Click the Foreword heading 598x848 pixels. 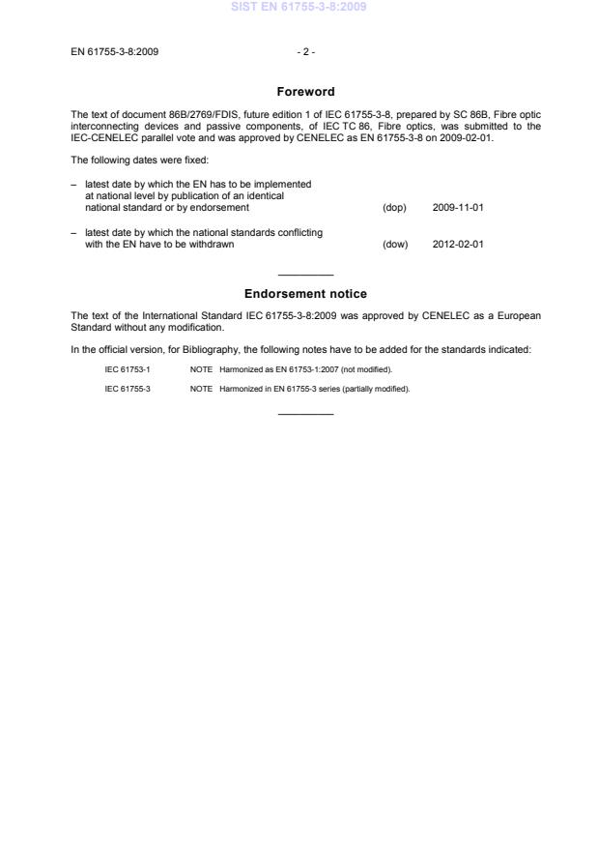[x=305, y=92]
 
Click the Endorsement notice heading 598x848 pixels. [x=305, y=294]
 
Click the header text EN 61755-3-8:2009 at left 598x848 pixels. [x=115, y=52]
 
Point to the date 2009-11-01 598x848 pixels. [x=458, y=208]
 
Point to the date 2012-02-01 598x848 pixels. [x=458, y=244]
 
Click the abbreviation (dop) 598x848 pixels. [x=394, y=208]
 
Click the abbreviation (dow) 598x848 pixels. [x=395, y=244]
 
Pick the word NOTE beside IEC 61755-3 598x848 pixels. [x=201, y=389]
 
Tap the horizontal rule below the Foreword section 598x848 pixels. [x=305, y=276]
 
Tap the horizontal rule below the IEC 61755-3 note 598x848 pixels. [x=305, y=415]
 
